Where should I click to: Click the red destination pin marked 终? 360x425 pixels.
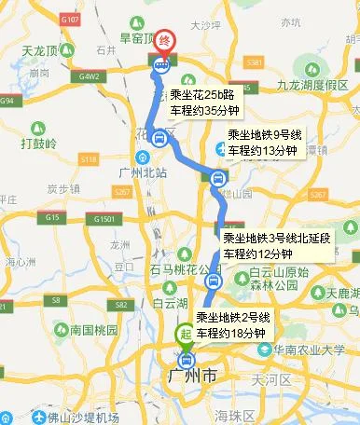click(164, 41)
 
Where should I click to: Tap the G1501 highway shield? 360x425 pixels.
click(104, 219)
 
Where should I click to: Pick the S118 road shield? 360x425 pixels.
click(89, 160)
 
